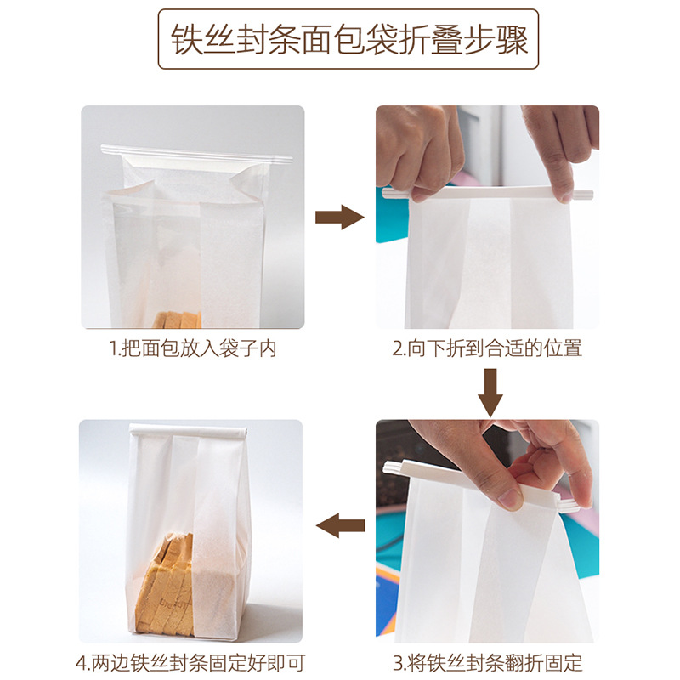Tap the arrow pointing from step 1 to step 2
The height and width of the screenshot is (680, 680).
[x=340, y=218]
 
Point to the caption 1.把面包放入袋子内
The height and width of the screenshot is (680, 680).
[x=193, y=349]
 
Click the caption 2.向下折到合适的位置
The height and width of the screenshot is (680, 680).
[x=487, y=349]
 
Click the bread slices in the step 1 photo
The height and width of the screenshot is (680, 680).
[x=177, y=320]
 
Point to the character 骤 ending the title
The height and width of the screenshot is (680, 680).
[x=511, y=40]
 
